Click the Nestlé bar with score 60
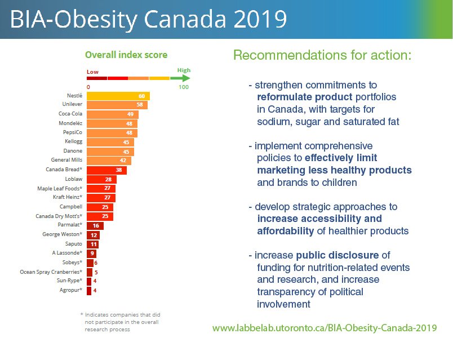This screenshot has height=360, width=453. click(x=118, y=96)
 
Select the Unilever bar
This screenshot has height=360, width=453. click(x=117, y=105)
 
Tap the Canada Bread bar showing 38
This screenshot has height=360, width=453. click(x=106, y=170)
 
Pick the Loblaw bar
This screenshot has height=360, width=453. click(x=101, y=179)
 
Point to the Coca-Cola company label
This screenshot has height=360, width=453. click(x=70, y=114)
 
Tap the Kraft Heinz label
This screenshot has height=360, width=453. click(x=69, y=197)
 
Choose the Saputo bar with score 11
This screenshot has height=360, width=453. click(x=93, y=244)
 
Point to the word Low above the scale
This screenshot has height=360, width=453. click(x=92, y=72)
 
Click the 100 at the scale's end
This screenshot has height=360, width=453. click(x=184, y=87)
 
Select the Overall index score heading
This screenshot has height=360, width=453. click(x=126, y=55)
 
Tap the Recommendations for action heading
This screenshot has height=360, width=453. click(x=323, y=56)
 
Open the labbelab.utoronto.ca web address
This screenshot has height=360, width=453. click(x=324, y=328)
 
